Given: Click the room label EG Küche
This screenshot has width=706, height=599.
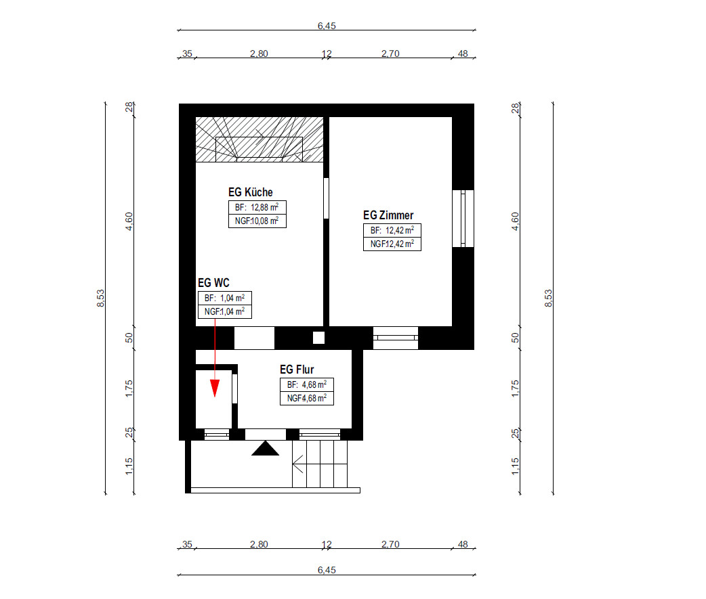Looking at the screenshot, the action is pos(250,192).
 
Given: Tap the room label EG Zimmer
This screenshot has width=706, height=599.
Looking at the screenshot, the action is pos(388,215).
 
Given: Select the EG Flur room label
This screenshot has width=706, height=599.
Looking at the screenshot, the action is pos(297,370).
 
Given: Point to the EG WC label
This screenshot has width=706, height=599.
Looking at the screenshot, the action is pos(213,283).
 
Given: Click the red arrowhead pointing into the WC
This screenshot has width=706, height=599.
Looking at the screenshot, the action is pos(215,388).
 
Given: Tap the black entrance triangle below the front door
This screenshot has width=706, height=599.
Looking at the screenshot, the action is pos(265,448).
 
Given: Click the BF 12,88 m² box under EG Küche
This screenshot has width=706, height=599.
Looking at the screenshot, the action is pos(257,207).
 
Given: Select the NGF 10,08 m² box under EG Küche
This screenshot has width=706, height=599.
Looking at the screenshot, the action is pos(257,221).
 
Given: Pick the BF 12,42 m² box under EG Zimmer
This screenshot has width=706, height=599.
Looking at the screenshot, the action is pos(392,230).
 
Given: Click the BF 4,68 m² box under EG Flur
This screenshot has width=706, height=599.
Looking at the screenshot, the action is pos(307,384).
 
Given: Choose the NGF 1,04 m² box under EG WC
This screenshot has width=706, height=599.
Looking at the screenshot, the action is pos(225,311).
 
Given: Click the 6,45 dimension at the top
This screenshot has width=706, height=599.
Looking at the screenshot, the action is pos(327,26).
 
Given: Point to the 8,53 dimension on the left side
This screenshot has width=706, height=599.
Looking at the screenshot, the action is pos(100,298).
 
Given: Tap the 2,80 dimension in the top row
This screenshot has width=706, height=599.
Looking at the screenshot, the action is pos(259,53).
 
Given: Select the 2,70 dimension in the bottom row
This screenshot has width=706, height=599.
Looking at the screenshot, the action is pos(390,544).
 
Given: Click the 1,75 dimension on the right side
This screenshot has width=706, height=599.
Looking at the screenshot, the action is pos(515,389).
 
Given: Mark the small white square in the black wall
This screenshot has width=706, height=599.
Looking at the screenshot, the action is pos(318,338).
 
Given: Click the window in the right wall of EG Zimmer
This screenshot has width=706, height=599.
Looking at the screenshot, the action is pos(463,219).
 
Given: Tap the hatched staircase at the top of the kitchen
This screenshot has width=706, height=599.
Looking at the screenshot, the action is pos(259,139).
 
